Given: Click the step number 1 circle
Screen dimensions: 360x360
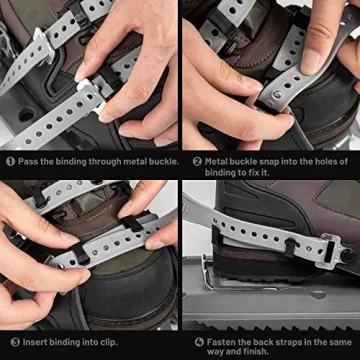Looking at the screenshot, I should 8,160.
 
